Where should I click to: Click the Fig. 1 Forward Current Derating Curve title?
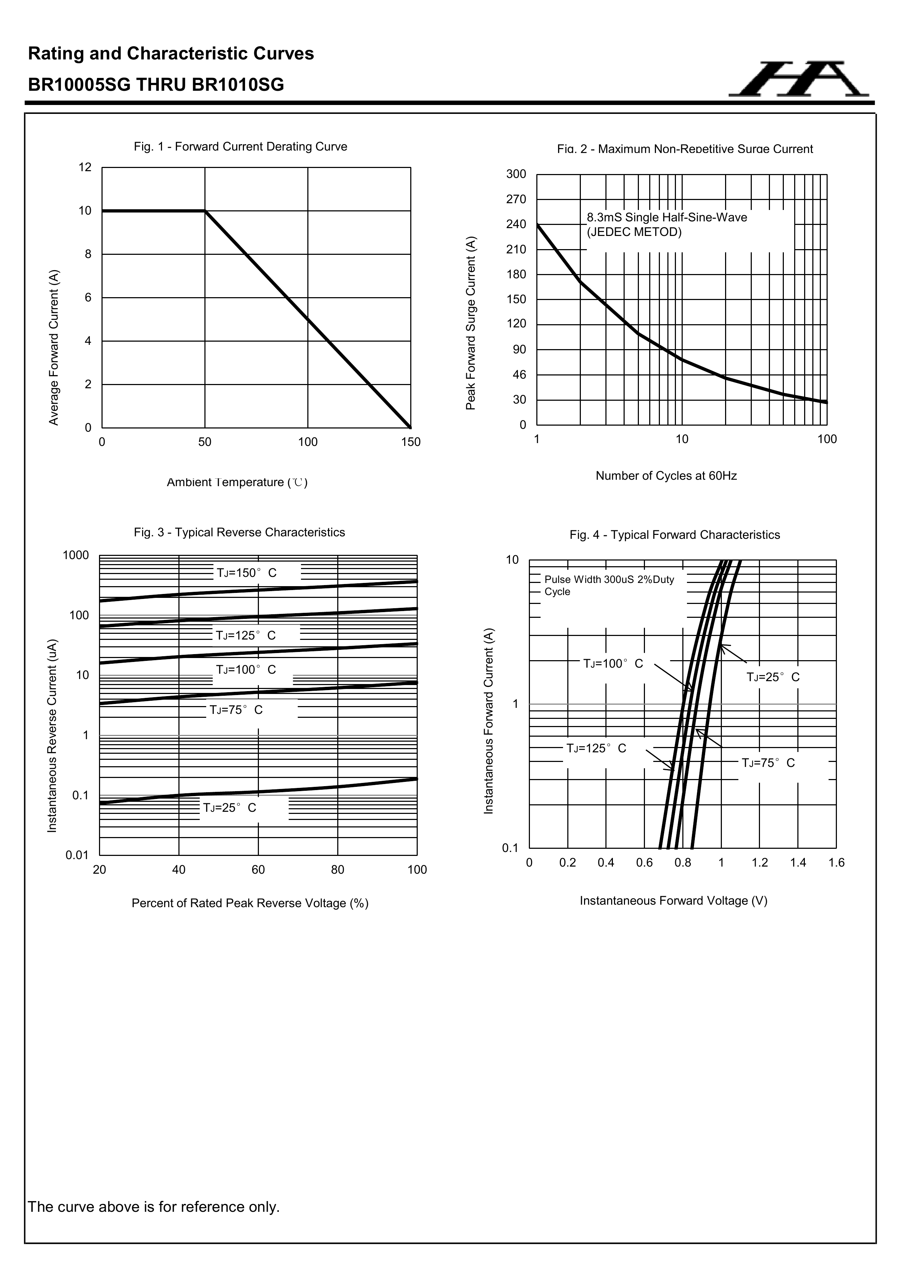click(x=240, y=147)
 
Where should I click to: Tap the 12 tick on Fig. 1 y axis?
click(x=85, y=167)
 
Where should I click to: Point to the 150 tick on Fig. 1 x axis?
click(x=411, y=442)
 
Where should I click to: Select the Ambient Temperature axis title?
click(x=237, y=482)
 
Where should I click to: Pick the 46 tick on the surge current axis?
click(x=519, y=375)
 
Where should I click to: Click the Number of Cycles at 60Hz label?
click(x=666, y=476)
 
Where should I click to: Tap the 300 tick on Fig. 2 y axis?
click(x=516, y=174)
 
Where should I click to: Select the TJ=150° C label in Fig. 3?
click(x=246, y=573)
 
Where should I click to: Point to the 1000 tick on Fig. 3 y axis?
click(x=76, y=556)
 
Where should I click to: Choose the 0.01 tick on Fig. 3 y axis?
click(x=77, y=855)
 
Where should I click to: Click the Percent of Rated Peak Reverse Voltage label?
click(x=250, y=903)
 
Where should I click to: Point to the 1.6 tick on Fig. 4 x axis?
click(x=836, y=863)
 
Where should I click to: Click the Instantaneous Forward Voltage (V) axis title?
click(x=673, y=900)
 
